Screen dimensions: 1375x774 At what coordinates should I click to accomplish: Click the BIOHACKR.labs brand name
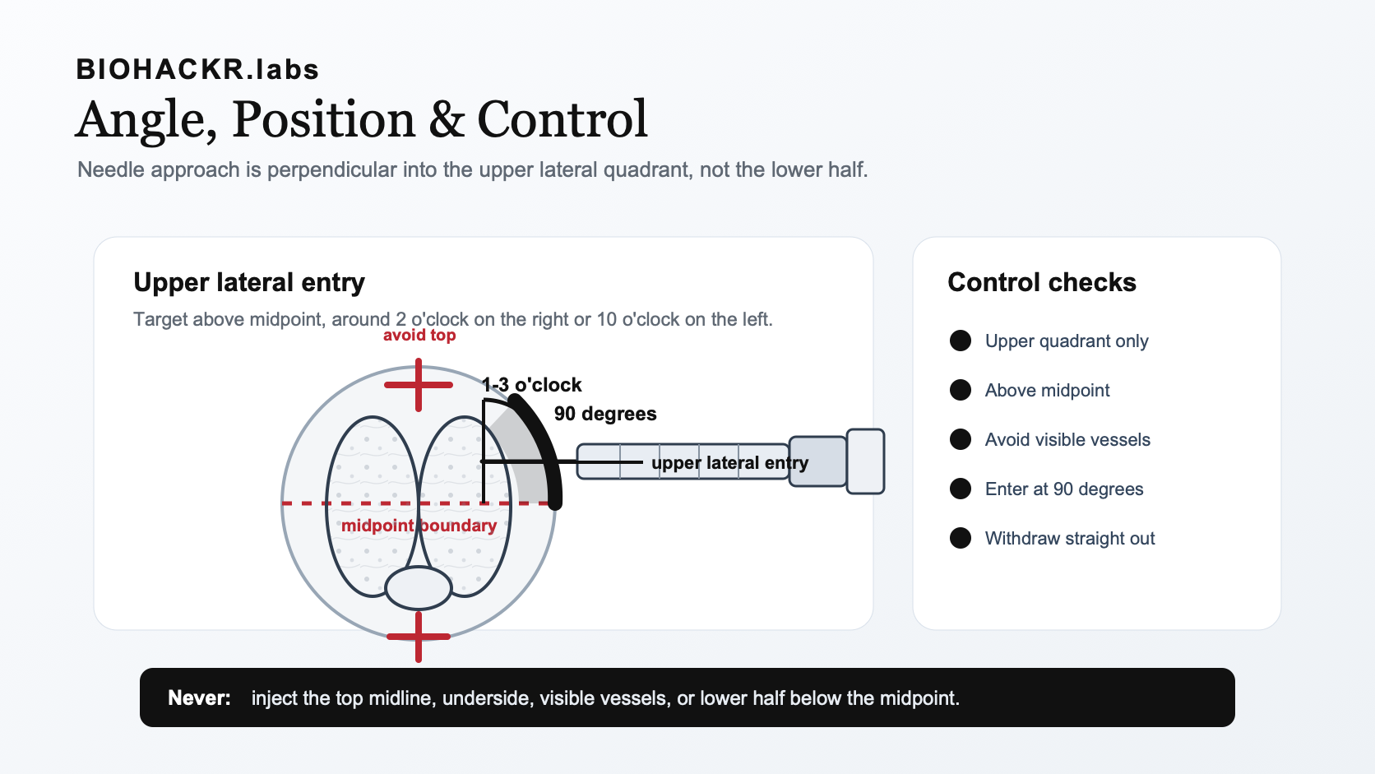pos(197,69)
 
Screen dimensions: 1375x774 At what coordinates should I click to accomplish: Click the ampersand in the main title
pos(447,119)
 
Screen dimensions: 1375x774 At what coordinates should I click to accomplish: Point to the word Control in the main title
pos(562,119)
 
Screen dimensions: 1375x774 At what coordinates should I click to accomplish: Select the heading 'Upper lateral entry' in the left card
pos(249,282)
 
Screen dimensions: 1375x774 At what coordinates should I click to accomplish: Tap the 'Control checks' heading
pos(1042,282)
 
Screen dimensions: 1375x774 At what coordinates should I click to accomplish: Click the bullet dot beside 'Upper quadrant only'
pos(961,341)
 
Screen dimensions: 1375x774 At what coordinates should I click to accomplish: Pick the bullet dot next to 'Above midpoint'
pos(961,390)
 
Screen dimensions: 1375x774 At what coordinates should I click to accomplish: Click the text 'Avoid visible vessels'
pos(1067,439)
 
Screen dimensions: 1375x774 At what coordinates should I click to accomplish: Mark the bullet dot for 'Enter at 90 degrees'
pos(961,489)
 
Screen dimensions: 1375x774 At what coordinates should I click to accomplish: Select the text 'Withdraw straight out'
pos(1070,538)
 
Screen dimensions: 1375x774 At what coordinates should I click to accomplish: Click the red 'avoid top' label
pos(419,335)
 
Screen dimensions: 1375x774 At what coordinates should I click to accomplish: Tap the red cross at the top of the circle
pos(419,385)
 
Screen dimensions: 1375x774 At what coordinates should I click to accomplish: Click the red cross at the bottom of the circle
pos(419,637)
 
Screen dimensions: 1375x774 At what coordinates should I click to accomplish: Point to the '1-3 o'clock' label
pos(531,385)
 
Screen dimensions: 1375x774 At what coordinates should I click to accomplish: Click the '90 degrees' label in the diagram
pos(605,414)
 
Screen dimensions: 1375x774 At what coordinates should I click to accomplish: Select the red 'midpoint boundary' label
pos(419,526)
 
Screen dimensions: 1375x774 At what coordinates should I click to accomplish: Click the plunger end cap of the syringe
pos(865,461)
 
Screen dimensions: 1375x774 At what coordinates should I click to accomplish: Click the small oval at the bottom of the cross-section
pos(419,587)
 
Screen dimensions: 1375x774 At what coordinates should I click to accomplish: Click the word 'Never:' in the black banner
pos(200,698)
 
